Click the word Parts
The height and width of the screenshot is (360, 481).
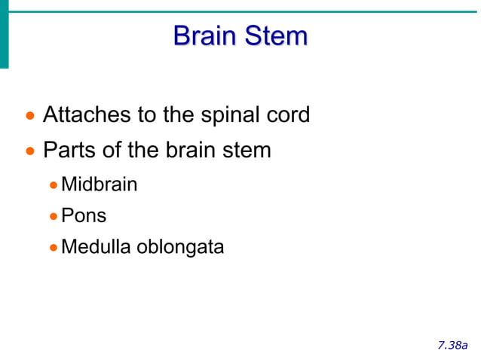(69, 150)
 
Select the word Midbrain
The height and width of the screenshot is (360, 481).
(99, 184)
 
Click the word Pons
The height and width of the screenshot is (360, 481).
(83, 215)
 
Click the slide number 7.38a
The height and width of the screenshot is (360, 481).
(452, 345)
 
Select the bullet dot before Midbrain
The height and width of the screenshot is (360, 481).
(53, 185)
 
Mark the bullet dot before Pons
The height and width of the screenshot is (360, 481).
(53, 216)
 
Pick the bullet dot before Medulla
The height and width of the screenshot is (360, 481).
(53, 248)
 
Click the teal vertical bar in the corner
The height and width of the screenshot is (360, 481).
(4, 34)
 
